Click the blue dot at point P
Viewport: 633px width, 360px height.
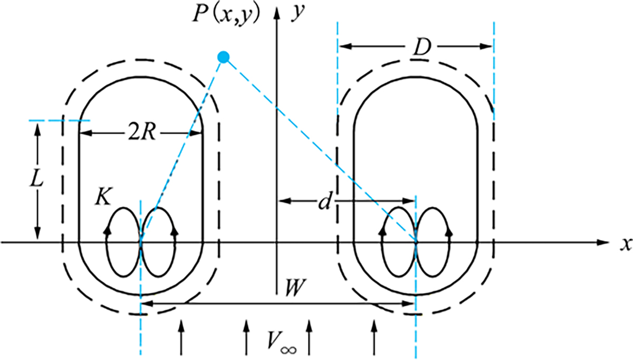tap(223, 58)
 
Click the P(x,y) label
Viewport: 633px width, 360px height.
tap(226, 15)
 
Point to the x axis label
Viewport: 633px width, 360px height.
tap(626, 244)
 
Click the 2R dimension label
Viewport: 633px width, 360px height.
tap(141, 132)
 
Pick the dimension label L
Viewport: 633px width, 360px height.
tap(36, 179)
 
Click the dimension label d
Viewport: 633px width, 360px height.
tap(324, 202)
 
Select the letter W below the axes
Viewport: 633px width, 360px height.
tap(295, 288)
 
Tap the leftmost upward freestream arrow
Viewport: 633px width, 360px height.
tap(181, 337)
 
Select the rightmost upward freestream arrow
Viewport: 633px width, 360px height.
tap(375, 337)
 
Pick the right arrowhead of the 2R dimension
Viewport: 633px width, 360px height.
tap(196, 133)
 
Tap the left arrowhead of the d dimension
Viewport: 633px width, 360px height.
tap(285, 201)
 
